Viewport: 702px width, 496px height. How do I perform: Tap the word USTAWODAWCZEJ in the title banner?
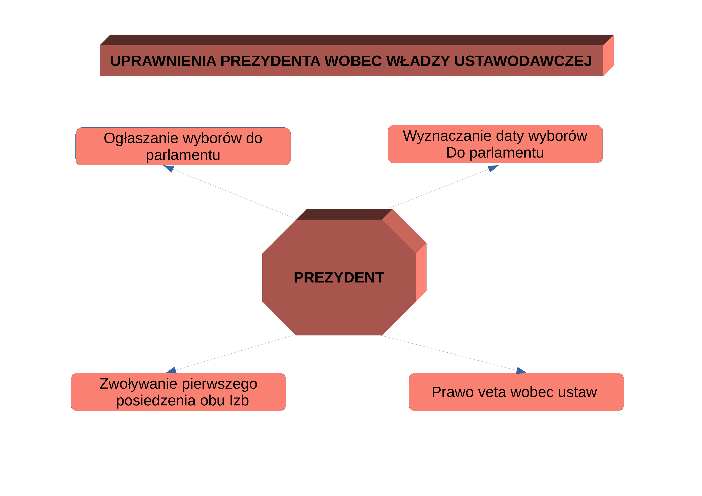click(523, 61)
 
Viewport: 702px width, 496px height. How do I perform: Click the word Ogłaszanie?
click(141, 138)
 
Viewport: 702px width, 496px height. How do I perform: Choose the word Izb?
click(239, 400)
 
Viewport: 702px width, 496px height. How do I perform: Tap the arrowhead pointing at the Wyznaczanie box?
click(492, 168)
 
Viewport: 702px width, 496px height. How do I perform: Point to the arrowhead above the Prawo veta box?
click(521, 370)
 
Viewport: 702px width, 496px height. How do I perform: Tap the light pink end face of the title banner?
click(608, 55)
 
